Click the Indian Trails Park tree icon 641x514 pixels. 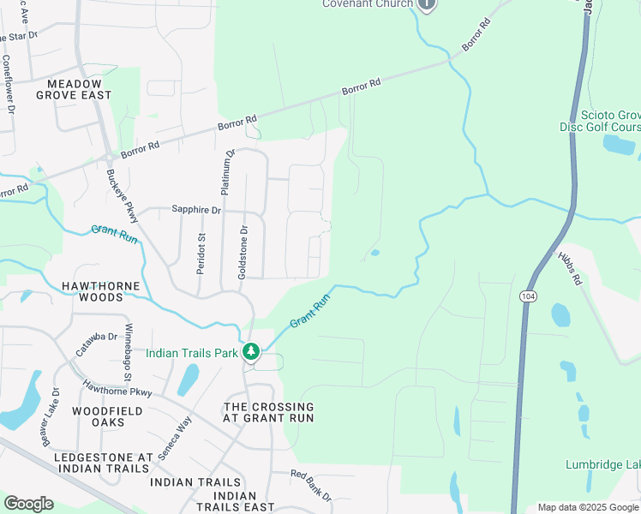point(250,351)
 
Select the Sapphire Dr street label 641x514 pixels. point(196,209)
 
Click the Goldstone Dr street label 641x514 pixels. point(244,251)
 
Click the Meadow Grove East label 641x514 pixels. point(74,89)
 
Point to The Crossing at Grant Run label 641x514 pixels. point(268,412)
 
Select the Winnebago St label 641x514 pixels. point(129,353)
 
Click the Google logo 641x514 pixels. point(28,503)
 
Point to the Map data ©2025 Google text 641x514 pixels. point(587,507)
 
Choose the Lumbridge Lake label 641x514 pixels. point(602,464)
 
